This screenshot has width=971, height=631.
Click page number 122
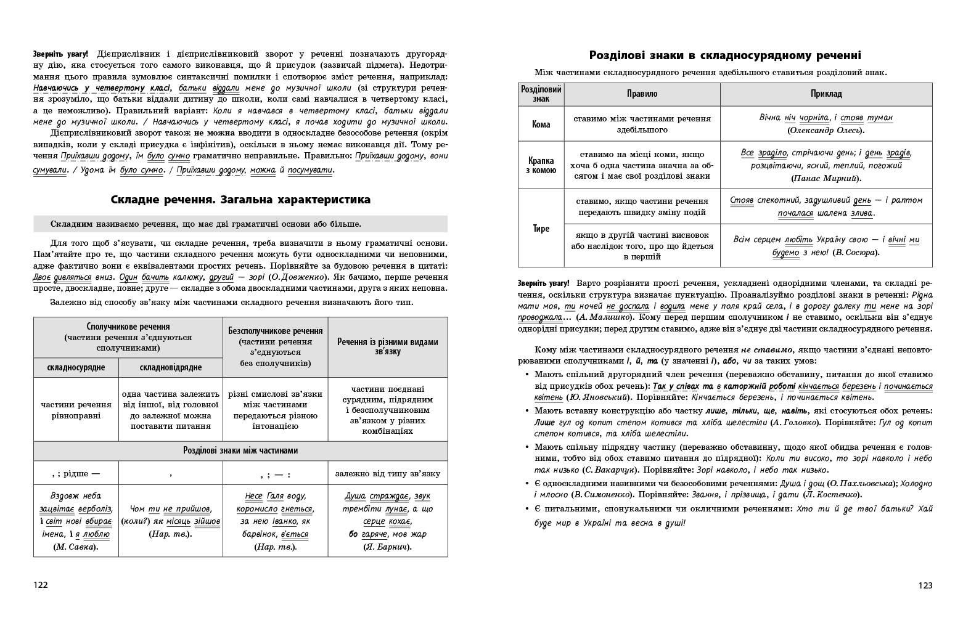[41, 585]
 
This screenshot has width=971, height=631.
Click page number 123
[925, 585]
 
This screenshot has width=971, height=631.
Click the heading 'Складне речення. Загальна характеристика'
[240, 200]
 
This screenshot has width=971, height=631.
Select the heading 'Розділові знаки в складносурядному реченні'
[725, 55]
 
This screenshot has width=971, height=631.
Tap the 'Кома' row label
[541, 124]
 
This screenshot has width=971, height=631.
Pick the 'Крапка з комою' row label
[541, 165]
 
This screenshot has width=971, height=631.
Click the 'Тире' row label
[541, 229]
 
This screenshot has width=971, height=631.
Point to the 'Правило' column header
[642, 94]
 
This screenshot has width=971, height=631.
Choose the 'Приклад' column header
[826, 94]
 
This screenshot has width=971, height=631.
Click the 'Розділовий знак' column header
[541, 94]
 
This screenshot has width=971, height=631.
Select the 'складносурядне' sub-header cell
[76, 368]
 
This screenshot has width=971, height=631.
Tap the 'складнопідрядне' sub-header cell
[171, 368]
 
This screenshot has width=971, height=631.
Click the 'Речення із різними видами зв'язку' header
[388, 347]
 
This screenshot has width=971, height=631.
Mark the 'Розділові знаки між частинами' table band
[240, 450]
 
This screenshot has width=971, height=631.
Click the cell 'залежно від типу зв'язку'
[388, 474]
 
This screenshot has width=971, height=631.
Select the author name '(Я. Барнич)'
[388, 547]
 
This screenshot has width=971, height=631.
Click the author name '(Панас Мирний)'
[826, 178]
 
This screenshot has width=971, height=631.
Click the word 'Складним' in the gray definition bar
[72, 224]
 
